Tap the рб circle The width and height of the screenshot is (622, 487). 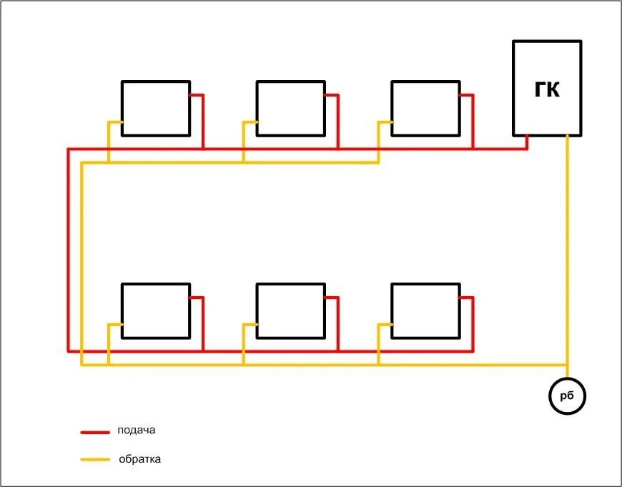click(568, 395)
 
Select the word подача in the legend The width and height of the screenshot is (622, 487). click(136, 431)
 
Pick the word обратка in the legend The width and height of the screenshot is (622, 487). click(140, 459)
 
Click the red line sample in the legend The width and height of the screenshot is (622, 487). click(94, 432)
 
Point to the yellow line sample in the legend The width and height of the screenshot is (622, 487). click(94, 460)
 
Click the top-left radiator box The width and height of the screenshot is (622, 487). click(156, 108)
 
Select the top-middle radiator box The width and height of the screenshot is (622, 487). click(291, 108)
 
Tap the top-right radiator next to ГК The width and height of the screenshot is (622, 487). click(426, 108)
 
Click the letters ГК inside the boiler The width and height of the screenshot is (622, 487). click(547, 89)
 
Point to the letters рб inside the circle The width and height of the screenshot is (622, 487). click(568, 396)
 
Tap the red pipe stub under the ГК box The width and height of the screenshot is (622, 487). click(527, 142)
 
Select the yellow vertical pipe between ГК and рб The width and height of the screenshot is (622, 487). click(568, 250)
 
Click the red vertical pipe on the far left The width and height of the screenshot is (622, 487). click(68, 250)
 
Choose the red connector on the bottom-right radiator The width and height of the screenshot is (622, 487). click(473, 322)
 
